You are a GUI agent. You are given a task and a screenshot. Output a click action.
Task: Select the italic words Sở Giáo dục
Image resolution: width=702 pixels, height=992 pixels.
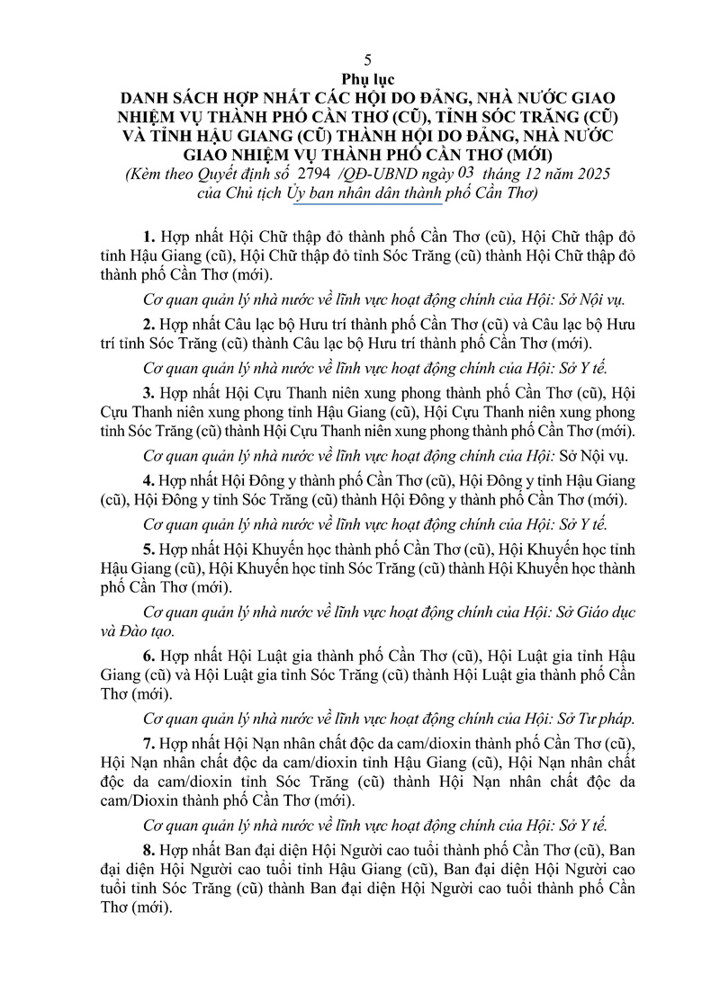597,613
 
